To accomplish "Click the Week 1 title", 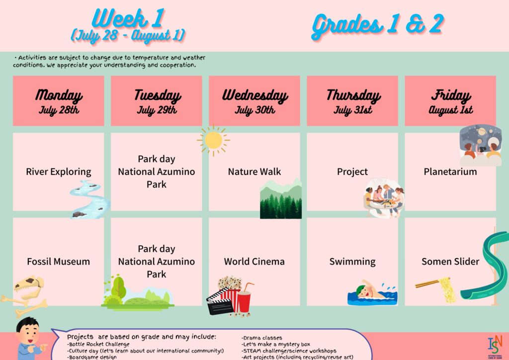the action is click(129, 19).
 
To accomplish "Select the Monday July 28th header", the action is click(59, 100).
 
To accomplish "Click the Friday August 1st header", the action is click(450, 100).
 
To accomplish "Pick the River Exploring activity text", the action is click(59, 172).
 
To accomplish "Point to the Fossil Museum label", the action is click(59, 262).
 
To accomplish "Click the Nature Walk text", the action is click(254, 172).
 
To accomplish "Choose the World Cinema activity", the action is click(254, 262).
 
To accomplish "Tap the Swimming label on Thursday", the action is click(352, 262).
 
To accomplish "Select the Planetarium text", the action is click(450, 172).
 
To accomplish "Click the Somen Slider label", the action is click(450, 262).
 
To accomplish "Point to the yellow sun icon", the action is click(213, 140).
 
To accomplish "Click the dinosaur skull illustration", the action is click(28, 287).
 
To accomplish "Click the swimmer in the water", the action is click(372, 293).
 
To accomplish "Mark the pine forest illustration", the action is click(281, 199).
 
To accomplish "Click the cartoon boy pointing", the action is click(30, 339).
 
